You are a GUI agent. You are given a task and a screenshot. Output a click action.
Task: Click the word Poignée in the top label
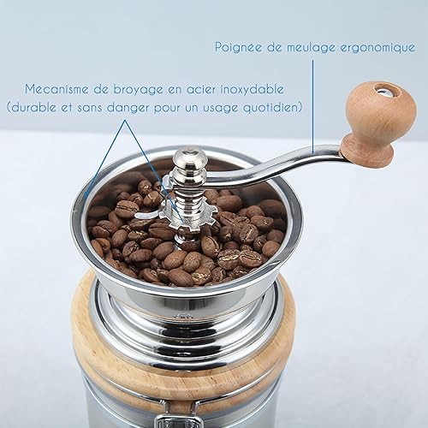pos(238,48)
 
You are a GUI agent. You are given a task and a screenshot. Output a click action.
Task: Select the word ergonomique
pos(377,48)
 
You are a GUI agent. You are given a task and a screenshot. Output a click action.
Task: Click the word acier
pos(200,90)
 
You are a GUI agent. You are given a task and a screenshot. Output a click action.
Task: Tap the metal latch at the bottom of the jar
pos(176,421)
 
